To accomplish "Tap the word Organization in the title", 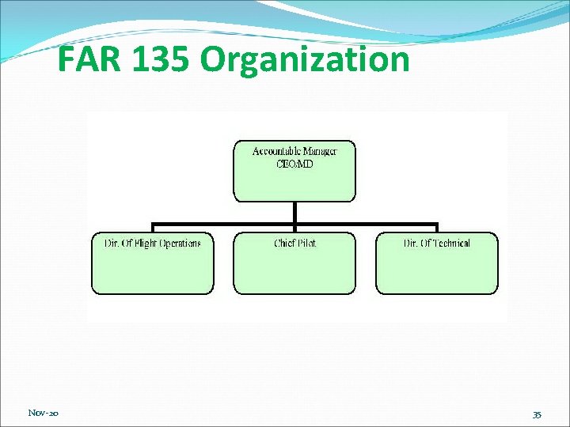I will [x=305, y=60].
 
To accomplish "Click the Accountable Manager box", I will [x=294, y=178].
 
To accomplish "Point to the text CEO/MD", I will [x=294, y=163].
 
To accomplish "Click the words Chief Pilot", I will [x=294, y=244].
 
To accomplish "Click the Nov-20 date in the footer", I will [x=43, y=413].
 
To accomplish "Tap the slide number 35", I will [x=537, y=414].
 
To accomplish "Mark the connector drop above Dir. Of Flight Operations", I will [x=152, y=228].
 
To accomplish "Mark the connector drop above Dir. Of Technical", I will [x=436, y=228].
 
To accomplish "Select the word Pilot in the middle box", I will [x=306, y=244].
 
